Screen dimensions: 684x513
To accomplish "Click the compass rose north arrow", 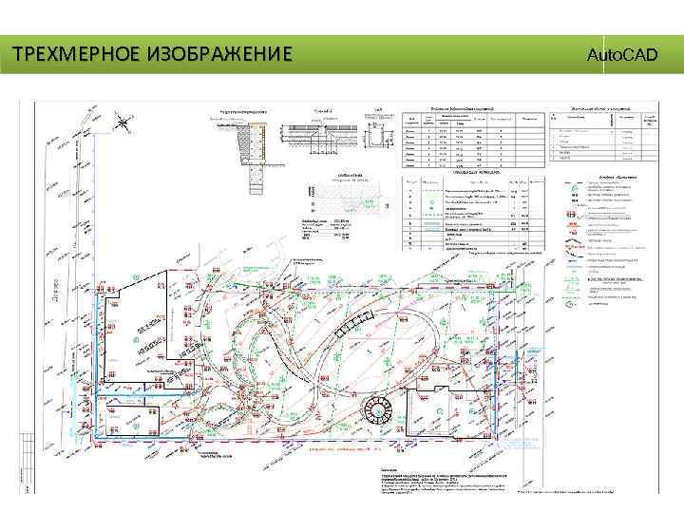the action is (x=124, y=121).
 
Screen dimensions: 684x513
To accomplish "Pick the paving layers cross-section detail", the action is (x=329, y=129).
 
